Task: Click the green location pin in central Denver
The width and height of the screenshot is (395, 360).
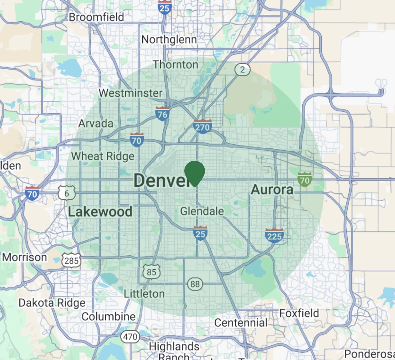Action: (195, 172)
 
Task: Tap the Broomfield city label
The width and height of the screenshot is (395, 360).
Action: (96, 17)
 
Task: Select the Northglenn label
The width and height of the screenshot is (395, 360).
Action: (169, 40)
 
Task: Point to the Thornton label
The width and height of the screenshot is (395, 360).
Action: (176, 65)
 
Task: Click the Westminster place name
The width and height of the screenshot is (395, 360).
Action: (130, 93)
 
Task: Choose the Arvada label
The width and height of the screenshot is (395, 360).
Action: (96, 123)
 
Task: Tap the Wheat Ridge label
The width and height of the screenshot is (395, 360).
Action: (103, 156)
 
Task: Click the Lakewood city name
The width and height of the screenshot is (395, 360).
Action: (100, 212)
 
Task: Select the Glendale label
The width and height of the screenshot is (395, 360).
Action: (202, 211)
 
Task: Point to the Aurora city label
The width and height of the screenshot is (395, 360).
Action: (272, 189)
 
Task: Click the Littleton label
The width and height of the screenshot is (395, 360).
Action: (144, 294)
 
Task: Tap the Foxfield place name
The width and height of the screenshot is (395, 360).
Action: (299, 313)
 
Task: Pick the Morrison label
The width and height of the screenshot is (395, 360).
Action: (25, 257)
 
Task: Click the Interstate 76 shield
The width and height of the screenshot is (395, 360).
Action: (162, 114)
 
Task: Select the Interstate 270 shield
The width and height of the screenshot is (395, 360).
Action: (202, 127)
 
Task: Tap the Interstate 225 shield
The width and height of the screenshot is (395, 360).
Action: (274, 236)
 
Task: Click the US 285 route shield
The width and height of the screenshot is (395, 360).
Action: (71, 261)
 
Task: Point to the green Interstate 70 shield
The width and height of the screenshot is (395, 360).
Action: (305, 180)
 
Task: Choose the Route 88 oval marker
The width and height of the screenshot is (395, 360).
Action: (195, 284)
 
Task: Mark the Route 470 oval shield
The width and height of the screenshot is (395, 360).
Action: (130, 337)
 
